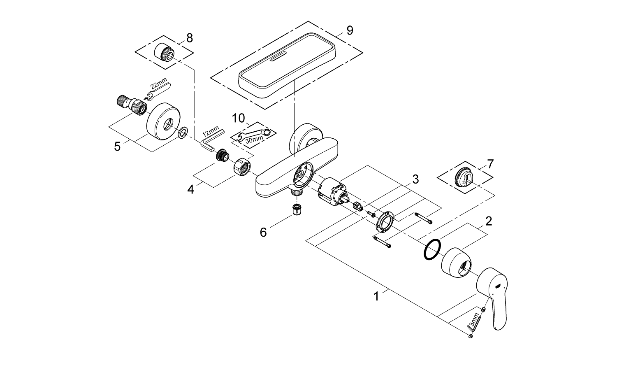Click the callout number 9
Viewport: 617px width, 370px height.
click(349, 30)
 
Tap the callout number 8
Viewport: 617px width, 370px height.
click(189, 38)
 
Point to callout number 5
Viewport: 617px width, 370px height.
click(117, 146)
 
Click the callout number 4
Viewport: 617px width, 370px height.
click(190, 189)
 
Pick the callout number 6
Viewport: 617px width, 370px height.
click(263, 233)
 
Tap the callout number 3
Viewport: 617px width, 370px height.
click(415, 179)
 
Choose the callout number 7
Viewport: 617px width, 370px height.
click(489, 165)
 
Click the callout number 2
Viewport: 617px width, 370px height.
click(488, 221)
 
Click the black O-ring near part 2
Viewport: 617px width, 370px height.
click(432, 249)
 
